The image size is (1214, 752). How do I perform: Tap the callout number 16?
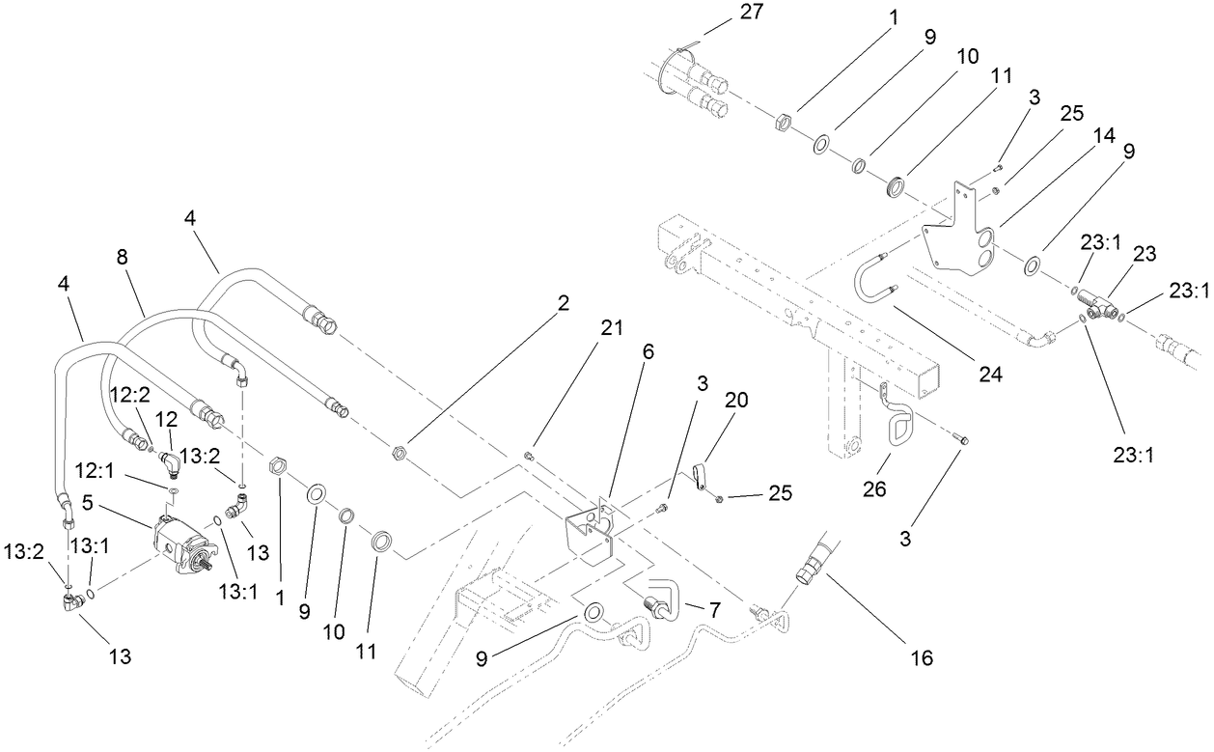(x=923, y=658)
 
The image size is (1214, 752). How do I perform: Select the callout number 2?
(x=563, y=303)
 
